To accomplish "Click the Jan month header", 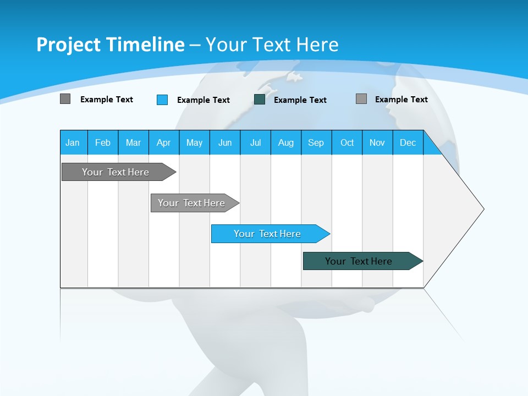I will (x=73, y=142).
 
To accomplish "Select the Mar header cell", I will (x=133, y=142).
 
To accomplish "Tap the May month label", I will (x=194, y=142).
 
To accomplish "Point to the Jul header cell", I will (x=255, y=142).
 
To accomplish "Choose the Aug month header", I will (x=285, y=142).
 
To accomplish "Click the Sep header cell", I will (x=316, y=142).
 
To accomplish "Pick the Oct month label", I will (x=347, y=142).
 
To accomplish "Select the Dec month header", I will (x=408, y=142).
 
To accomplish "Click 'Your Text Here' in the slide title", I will (x=272, y=45).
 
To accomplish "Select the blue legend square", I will (x=162, y=100).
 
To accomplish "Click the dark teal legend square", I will (x=260, y=100).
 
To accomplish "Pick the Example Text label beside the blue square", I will (x=203, y=100).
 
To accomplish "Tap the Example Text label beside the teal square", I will (x=300, y=100).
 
